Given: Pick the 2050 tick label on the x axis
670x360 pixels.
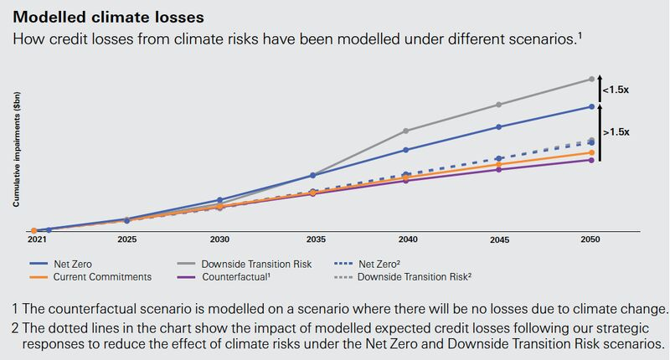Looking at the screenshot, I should coord(591,239).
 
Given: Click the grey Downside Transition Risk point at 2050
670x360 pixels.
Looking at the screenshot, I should coord(591,80).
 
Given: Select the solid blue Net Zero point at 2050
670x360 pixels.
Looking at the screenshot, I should coord(591,106).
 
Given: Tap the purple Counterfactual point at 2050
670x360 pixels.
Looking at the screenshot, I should coord(591,160).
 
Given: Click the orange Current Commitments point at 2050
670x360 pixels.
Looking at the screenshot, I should coord(591,152).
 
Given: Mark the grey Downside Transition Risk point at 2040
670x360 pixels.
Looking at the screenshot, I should coord(405,131).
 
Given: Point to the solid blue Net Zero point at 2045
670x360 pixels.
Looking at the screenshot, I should coord(498,127).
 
